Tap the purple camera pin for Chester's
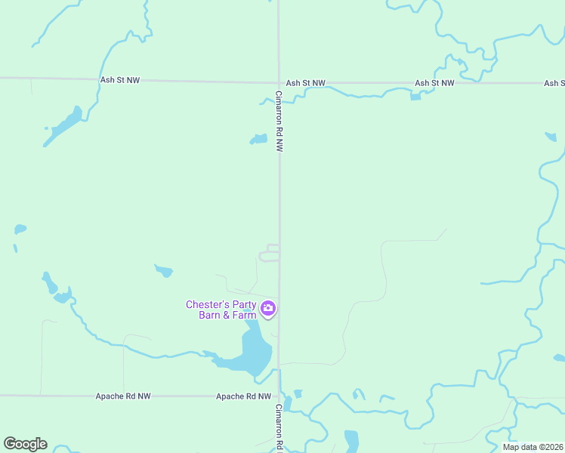[x=268, y=308]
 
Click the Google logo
[x=25, y=444]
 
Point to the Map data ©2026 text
[x=533, y=447]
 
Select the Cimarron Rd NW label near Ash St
[x=279, y=122]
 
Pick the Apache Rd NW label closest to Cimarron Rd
[x=243, y=396]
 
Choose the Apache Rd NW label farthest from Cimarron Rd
[x=123, y=396]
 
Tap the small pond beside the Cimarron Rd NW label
[x=259, y=139]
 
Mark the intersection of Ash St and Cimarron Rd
[x=279, y=82]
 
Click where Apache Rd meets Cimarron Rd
[x=279, y=395]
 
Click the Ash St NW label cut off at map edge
[x=554, y=83]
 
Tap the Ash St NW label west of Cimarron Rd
[x=120, y=79]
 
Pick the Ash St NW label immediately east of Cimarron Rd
[x=305, y=83]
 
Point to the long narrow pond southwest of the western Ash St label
[x=63, y=126]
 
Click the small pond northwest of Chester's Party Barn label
[x=163, y=270]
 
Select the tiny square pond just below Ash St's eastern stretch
[x=415, y=97]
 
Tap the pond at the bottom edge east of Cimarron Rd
[x=351, y=441]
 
